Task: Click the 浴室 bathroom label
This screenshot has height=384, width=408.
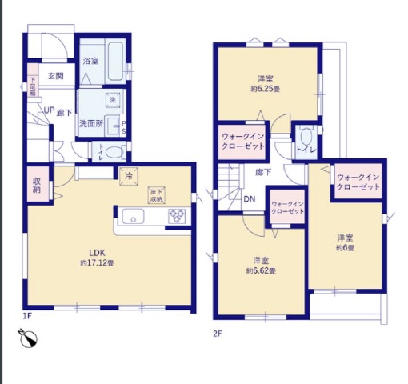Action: [90, 62]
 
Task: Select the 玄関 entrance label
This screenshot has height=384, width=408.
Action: [55, 77]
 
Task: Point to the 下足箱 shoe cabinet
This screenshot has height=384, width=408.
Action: [33, 86]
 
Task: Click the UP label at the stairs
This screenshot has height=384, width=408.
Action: [48, 111]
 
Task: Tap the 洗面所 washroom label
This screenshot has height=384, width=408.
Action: [90, 123]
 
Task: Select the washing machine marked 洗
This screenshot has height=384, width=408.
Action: [113, 98]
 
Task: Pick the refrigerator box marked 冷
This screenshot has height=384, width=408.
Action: [127, 176]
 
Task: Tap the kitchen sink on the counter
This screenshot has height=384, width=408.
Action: [133, 215]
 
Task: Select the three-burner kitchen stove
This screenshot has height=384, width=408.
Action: [177, 215]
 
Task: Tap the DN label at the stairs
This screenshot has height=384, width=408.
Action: [249, 200]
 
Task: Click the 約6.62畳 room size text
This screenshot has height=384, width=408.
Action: [261, 272]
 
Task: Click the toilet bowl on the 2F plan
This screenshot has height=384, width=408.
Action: [305, 135]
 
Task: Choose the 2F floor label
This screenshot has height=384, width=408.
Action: [217, 332]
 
